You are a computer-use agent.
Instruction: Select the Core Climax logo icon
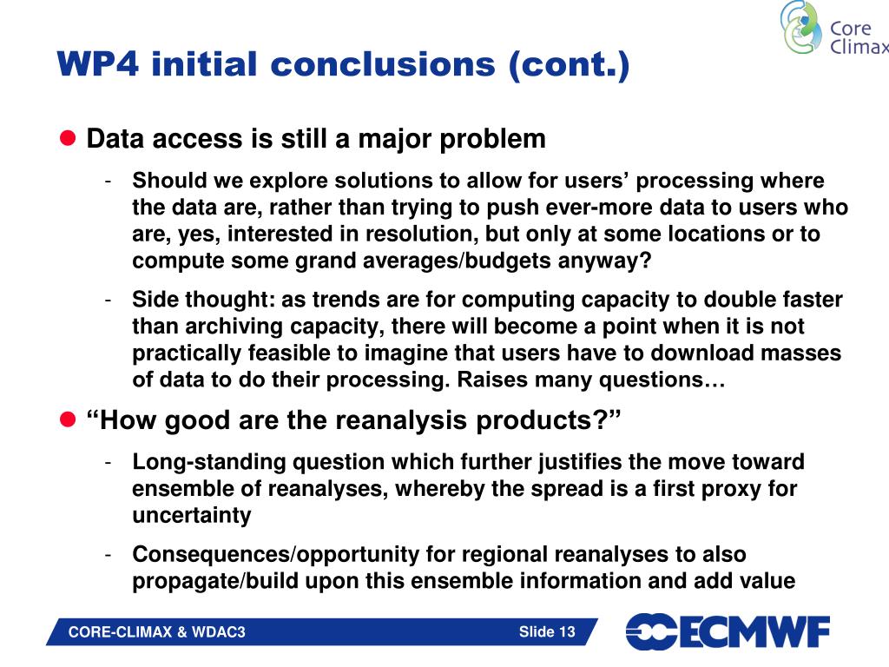click(800, 28)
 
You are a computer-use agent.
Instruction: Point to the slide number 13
click(567, 632)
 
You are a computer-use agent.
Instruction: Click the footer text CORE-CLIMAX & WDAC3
click(157, 632)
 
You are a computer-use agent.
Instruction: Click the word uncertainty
click(191, 515)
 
